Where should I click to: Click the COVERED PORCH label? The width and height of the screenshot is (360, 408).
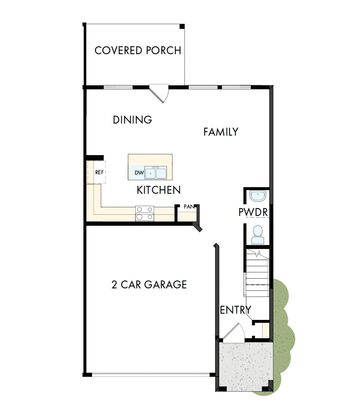click(138, 51)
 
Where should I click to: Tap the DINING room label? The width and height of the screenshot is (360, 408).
click(132, 120)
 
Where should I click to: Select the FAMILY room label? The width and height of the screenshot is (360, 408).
click(221, 132)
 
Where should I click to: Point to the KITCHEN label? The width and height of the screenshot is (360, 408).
click(158, 190)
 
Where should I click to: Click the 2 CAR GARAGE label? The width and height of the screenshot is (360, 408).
click(149, 284)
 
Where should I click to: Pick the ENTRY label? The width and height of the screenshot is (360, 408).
click(236, 310)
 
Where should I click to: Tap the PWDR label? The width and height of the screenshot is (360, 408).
click(253, 213)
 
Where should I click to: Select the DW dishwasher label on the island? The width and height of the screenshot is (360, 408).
click(139, 173)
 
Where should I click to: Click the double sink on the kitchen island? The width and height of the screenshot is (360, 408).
click(156, 173)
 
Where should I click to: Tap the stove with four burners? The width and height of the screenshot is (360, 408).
click(144, 214)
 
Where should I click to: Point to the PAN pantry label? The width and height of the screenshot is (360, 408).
click(189, 207)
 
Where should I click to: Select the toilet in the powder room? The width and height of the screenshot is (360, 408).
click(257, 233)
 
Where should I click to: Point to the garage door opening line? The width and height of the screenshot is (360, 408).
click(150, 375)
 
